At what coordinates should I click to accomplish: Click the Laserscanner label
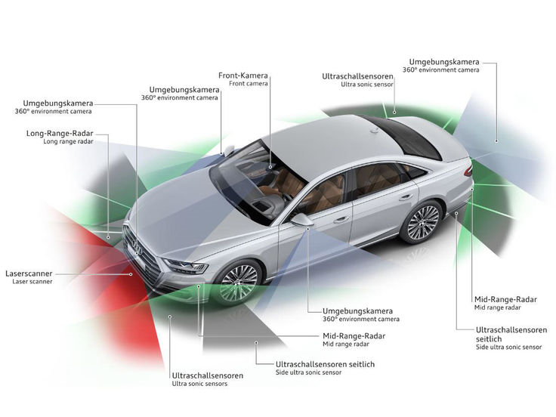(29, 273)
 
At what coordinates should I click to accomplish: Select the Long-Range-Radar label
(60, 134)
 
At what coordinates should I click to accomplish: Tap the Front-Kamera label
(243, 76)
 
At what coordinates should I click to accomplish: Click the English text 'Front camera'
(249, 84)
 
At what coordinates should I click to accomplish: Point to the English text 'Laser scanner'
(32, 282)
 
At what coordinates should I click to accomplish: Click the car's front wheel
(238, 283)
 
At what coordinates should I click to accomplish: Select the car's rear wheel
(422, 222)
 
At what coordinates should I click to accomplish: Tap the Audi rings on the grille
(137, 247)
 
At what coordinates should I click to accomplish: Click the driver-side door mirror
(301, 220)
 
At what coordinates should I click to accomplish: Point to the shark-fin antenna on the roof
(375, 131)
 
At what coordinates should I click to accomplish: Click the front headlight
(185, 266)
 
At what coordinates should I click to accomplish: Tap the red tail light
(468, 171)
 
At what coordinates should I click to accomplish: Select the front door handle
(341, 220)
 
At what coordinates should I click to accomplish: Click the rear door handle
(406, 197)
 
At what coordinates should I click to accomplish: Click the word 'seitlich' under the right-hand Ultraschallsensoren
(489, 339)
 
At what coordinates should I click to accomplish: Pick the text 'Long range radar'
(69, 141)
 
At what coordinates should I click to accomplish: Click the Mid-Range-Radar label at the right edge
(505, 300)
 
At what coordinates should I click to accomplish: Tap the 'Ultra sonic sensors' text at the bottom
(199, 384)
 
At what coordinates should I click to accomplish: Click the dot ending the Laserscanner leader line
(131, 274)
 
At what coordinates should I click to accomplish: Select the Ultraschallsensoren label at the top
(358, 76)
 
